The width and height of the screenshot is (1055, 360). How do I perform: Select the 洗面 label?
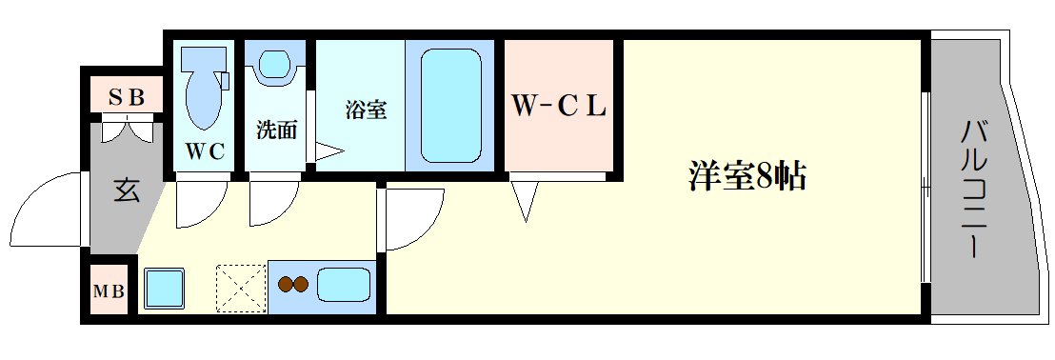click(x=276, y=130)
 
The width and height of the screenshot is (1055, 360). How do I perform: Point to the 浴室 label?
click(x=366, y=110)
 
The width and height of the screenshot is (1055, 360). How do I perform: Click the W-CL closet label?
click(x=559, y=107)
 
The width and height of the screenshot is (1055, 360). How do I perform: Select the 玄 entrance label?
click(x=126, y=190)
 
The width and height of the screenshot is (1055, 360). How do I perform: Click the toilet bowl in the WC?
click(x=203, y=90)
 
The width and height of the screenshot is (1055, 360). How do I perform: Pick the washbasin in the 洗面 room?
click(x=275, y=65)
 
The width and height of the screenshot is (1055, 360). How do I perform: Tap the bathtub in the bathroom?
click(x=450, y=105)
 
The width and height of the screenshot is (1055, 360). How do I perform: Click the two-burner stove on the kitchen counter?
click(x=293, y=284)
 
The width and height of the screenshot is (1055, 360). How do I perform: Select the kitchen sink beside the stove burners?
click(x=343, y=285)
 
